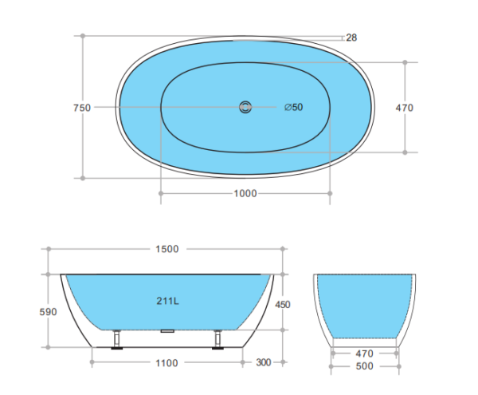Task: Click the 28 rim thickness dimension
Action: (351, 38)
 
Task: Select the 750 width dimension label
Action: (80, 108)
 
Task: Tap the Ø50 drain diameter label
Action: (294, 108)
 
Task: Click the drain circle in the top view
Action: (245, 107)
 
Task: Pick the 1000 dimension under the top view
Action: (245, 193)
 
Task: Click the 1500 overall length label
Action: (166, 249)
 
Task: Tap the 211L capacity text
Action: (168, 301)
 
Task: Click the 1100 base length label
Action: (167, 362)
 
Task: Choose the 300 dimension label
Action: (263, 362)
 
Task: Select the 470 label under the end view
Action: (363, 352)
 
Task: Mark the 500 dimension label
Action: (363, 368)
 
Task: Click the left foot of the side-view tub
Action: (117, 341)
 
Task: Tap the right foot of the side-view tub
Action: (217, 341)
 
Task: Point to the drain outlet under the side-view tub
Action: (167, 330)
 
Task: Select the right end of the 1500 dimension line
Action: (283, 249)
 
